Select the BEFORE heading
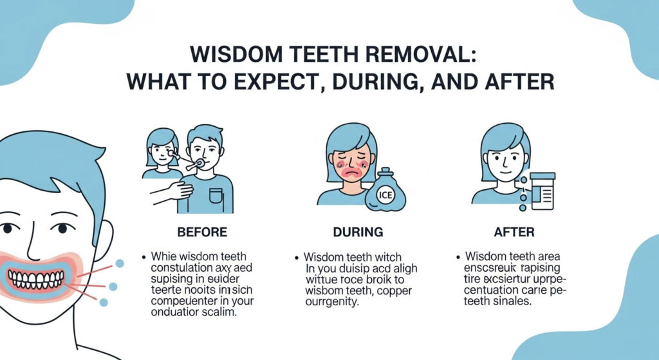pos(201,231)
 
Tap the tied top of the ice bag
pos(384,171)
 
